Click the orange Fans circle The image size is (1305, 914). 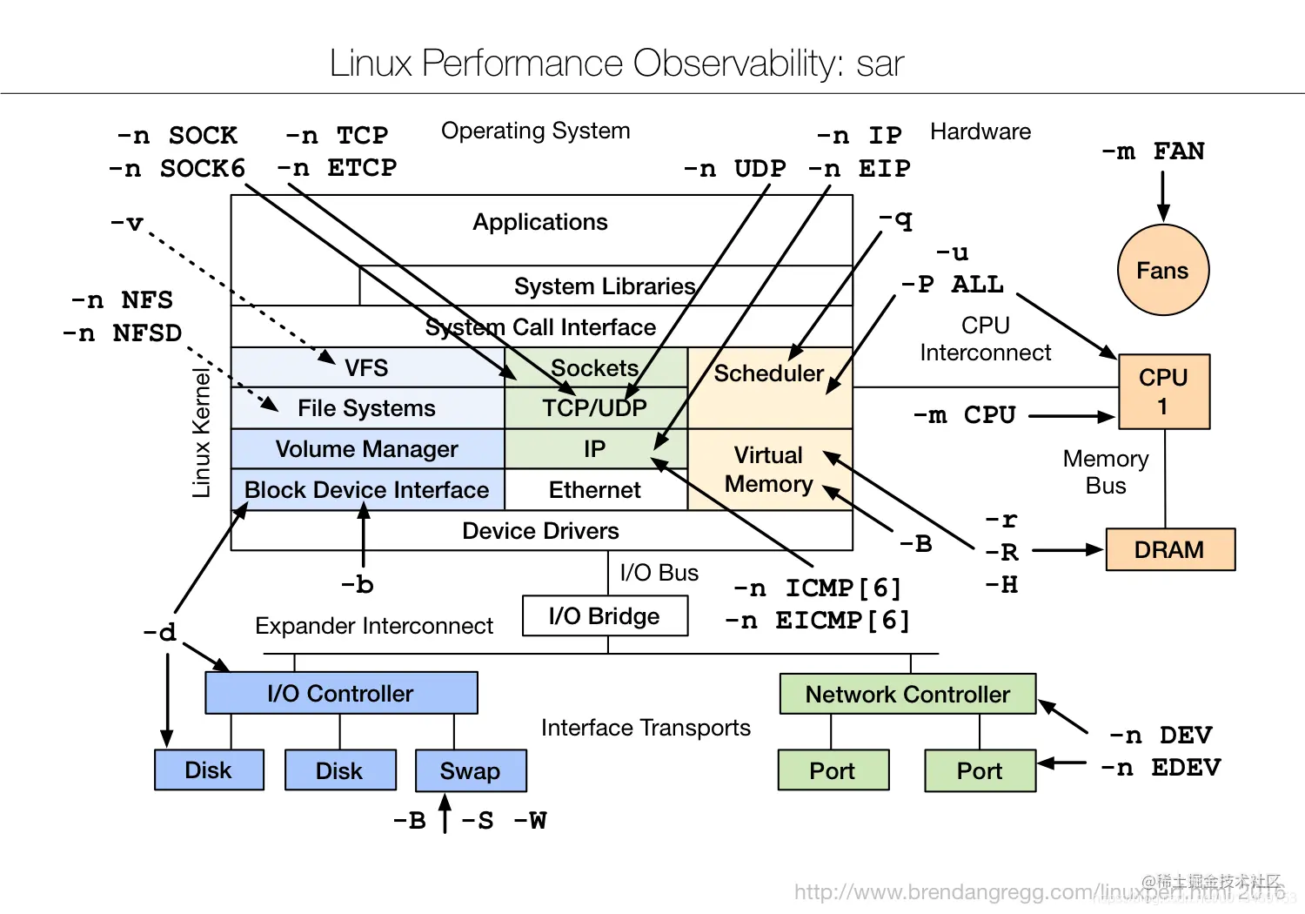coord(1162,270)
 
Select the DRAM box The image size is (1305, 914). coord(1169,549)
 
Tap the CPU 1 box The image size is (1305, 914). coord(1163,391)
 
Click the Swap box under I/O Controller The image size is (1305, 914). coord(470,770)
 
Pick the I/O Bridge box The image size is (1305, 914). coord(605,615)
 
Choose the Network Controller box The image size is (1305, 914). coord(907,694)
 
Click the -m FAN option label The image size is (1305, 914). coord(1154,151)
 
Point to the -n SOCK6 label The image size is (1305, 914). coord(177,168)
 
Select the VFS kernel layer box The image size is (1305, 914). coord(366,367)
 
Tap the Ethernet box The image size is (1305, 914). coord(594,489)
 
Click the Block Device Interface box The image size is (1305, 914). coord(366,489)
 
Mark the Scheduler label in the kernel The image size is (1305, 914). coord(768,373)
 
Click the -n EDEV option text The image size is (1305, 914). coord(1161,768)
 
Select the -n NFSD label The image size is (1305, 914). coord(123,333)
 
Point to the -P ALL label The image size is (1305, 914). coord(953,285)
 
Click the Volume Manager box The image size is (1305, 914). coord(366,448)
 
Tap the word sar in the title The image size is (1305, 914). coord(880,64)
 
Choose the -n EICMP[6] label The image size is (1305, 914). coord(817,621)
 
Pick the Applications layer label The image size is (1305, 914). coord(539,222)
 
